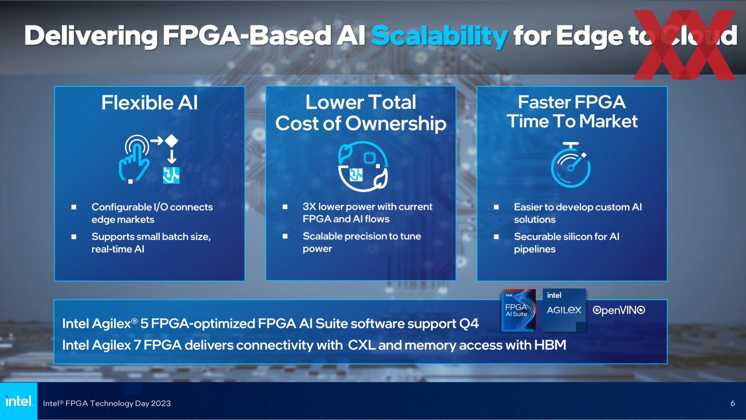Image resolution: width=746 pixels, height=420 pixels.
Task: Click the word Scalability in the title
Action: [x=439, y=36]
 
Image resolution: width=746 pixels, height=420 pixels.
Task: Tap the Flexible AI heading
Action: [x=150, y=103]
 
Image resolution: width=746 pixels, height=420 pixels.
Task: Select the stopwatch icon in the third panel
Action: [x=571, y=165]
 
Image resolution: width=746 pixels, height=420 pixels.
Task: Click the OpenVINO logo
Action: [x=619, y=310]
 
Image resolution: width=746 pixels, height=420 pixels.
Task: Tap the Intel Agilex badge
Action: [x=564, y=310]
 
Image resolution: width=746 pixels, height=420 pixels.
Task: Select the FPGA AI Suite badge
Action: [x=519, y=310]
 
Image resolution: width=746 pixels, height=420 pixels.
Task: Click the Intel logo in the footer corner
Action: [x=19, y=401]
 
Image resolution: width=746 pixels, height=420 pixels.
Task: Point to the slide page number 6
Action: [x=732, y=403]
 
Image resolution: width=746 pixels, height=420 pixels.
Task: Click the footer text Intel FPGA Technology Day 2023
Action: [x=107, y=403]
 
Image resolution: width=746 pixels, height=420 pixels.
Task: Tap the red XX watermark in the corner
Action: [x=685, y=45]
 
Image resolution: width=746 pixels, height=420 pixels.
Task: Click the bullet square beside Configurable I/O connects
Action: [x=74, y=207]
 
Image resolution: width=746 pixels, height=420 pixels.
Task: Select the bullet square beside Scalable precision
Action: [x=285, y=236]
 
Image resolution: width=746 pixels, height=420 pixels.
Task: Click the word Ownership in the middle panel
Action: [x=396, y=124]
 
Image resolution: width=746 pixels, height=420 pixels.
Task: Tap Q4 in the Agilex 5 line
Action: [x=469, y=324]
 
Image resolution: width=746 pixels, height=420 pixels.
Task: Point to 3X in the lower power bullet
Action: [x=309, y=206]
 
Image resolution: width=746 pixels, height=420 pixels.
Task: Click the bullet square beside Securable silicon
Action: [x=496, y=236]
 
